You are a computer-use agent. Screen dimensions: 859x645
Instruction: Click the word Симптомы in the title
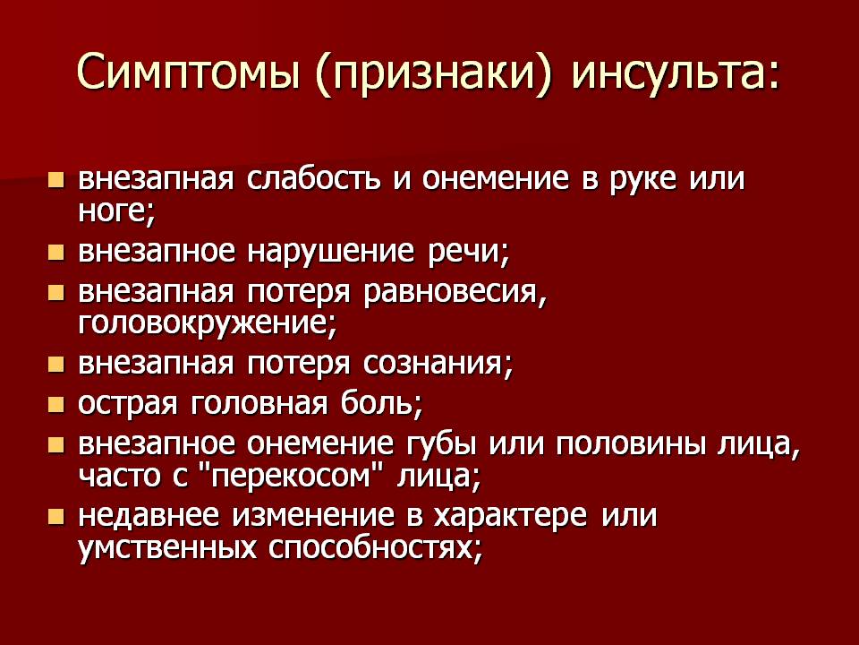189,73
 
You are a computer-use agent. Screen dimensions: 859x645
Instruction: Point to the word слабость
313,178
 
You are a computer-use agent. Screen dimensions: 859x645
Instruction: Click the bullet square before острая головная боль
55,405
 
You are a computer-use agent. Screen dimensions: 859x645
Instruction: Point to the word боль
382,404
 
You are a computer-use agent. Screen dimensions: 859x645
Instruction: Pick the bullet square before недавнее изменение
55,516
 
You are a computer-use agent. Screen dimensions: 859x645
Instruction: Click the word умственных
167,548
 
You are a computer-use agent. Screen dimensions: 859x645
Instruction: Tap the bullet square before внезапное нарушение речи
55,252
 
